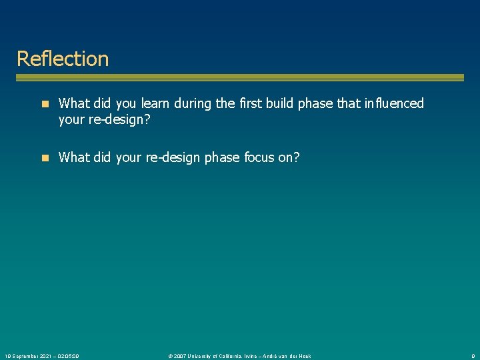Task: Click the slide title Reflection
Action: coord(62,59)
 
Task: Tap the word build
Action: coord(283,103)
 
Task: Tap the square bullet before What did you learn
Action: coord(45,104)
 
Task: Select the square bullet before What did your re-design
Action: coord(45,158)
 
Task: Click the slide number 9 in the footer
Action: coord(472,356)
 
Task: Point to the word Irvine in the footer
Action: coord(259,356)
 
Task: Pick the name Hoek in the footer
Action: coord(304,356)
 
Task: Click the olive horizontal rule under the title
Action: coord(240,78)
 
